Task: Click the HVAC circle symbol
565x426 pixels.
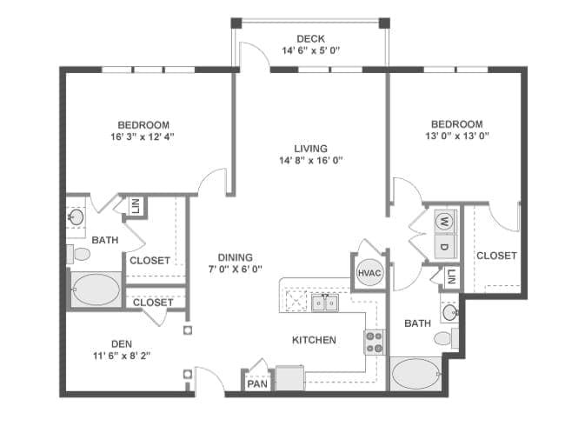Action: (x=369, y=273)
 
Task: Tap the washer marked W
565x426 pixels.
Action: (x=445, y=222)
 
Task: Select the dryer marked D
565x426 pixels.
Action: (x=445, y=247)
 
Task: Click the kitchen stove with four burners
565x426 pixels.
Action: (x=375, y=343)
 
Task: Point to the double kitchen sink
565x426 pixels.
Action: (x=325, y=303)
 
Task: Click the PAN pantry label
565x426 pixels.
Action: (x=257, y=383)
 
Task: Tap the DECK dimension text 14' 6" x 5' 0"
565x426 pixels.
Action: (x=310, y=50)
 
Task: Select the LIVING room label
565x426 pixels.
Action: (x=310, y=149)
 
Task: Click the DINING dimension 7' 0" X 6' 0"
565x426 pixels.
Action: (x=236, y=269)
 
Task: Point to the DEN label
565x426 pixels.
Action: (x=122, y=343)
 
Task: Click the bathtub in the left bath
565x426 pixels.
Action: (x=96, y=290)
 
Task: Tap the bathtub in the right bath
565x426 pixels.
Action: (x=415, y=374)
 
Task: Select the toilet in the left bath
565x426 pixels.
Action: (x=78, y=255)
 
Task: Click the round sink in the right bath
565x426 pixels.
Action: (x=450, y=312)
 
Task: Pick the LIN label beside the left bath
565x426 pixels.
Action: (x=136, y=207)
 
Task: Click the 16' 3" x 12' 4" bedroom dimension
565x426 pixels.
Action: (x=143, y=136)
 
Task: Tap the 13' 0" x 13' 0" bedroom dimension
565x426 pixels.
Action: (x=457, y=136)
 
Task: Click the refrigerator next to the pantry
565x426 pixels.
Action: (x=290, y=377)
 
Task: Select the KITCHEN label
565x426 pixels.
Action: (x=314, y=340)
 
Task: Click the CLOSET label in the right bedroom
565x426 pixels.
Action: (x=496, y=256)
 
